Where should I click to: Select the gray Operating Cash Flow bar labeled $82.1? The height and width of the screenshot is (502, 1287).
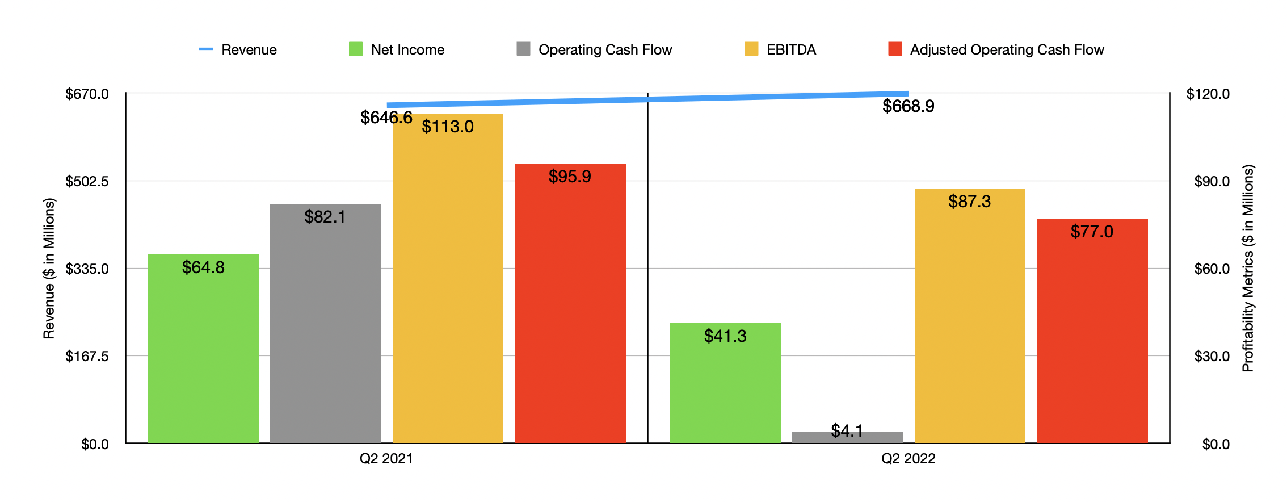[x=325, y=323]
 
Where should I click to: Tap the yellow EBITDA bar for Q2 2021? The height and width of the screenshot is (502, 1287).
[x=448, y=278]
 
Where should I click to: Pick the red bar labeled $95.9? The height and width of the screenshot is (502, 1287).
[x=570, y=303]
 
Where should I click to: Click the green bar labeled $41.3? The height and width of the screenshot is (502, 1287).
[x=725, y=383]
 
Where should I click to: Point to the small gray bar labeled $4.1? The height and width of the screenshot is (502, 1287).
[x=847, y=437]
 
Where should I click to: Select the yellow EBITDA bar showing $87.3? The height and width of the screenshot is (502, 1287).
[x=969, y=316]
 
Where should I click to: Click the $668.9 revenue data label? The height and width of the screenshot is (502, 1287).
[x=908, y=106]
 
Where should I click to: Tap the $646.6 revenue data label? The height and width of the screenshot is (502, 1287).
[x=386, y=118]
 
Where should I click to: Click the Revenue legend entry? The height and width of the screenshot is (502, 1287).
[x=238, y=49]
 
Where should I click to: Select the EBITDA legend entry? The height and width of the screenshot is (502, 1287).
[x=781, y=49]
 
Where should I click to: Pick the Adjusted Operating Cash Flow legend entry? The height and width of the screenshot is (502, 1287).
[x=996, y=49]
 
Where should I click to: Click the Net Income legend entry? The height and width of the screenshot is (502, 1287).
[x=397, y=49]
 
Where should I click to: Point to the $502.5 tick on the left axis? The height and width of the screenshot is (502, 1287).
[x=87, y=181]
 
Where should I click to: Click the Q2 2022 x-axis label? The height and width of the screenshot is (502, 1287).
[x=908, y=458]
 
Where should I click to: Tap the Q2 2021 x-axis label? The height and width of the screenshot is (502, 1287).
[x=386, y=458]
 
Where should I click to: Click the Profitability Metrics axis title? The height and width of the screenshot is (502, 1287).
[x=1247, y=268]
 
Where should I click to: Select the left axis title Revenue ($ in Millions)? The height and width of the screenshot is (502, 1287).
[x=49, y=268]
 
